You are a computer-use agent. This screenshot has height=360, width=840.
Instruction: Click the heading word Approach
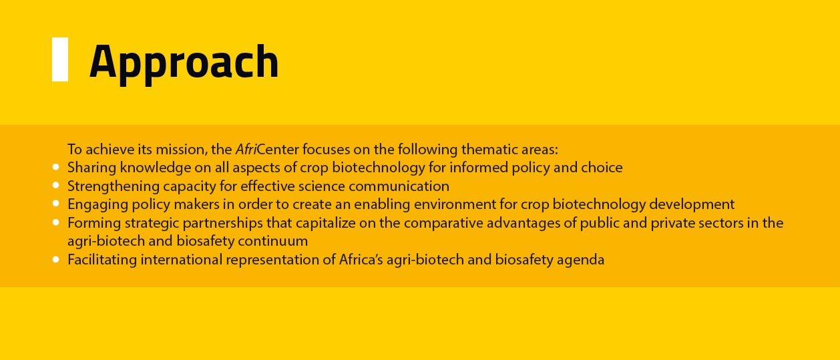coord(184,63)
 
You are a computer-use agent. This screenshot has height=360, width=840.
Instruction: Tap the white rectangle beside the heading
coord(60,59)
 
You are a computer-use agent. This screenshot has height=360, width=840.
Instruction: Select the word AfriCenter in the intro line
coord(267,149)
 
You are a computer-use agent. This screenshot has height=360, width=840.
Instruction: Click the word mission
coord(181,149)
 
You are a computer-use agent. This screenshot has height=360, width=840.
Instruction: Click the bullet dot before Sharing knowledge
coord(56,167)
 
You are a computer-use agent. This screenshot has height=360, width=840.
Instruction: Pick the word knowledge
coord(156,167)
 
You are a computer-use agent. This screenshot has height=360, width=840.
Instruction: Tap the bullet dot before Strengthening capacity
coord(56,185)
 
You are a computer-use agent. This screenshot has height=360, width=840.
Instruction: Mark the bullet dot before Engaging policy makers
coord(56,204)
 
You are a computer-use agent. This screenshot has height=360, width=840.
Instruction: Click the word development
coord(692,205)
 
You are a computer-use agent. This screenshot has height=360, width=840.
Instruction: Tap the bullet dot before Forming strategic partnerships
coord(56,222)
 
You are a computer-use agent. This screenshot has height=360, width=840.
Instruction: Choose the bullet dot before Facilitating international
coord(56,259)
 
